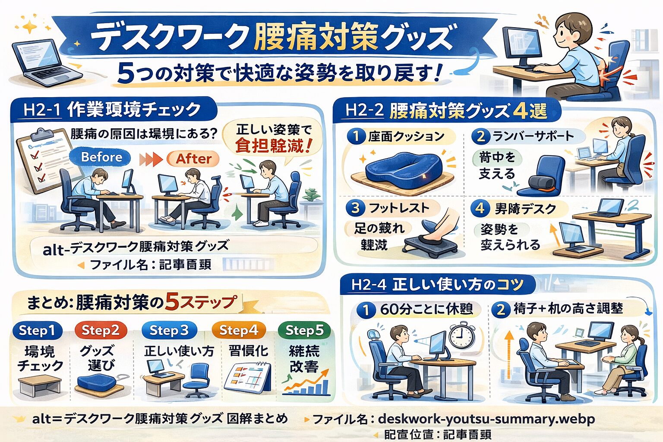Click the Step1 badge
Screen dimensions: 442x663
pyautogui.click(x=38, y=331)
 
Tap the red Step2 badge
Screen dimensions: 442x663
pyautogui.click(x=101, y=331)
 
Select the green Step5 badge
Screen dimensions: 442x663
pyautogui.click(x=304, y=331)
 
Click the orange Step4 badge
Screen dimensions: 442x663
pyautogui.click(x=238, y=331)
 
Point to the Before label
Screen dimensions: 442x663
pyautogui.click(x=101, y=157)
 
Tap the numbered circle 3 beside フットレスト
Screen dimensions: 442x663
pyautogui.click(x=355, y=208)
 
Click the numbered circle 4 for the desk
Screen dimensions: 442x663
pyautogui.click(x=480, y=208)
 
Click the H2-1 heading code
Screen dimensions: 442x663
pyautogui.click(x=41, y=110)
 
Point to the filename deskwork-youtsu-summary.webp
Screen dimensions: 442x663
pyautogui.click(x=486, y=419)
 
